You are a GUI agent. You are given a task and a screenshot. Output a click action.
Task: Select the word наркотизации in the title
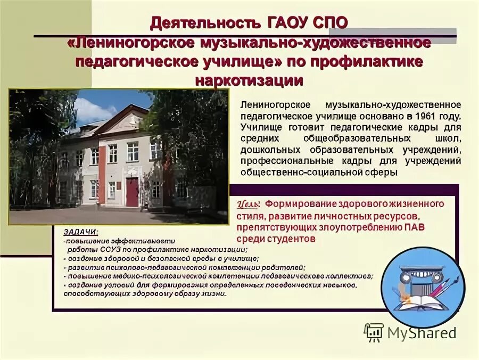pos(249,80)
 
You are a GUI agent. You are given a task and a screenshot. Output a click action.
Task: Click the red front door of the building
pos(132,192)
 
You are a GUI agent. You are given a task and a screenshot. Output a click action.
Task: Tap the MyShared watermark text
pos(422,333)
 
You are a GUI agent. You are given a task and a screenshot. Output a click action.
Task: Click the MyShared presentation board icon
pos(374,332)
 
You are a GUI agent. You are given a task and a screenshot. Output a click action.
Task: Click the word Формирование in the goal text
pos(296,204)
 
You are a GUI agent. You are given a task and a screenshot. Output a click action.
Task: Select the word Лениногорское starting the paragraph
pos(272,105)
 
